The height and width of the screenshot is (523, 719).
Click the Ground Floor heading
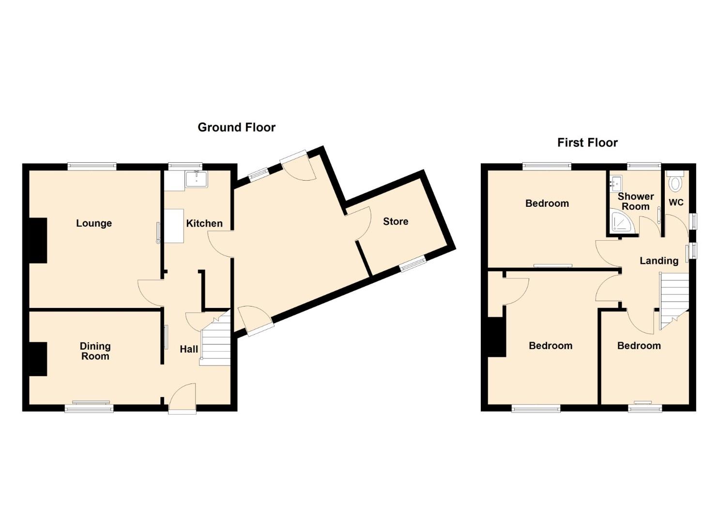237,127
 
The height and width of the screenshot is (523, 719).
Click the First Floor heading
587,142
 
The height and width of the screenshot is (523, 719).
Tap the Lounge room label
94,223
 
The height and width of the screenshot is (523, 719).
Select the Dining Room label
95,351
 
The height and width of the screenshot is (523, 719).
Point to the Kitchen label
204,223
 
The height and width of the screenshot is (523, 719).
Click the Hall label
189,349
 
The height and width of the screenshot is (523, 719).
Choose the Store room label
396,221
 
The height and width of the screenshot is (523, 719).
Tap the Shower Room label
636,201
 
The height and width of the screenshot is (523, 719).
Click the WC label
676,202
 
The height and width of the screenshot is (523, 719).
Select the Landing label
659,261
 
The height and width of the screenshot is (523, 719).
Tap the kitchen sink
196,179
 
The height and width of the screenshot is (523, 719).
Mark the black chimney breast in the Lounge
38,241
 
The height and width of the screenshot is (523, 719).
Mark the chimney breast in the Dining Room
38,359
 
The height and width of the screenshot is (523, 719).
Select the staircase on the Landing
674,301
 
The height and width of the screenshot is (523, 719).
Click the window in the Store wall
413,264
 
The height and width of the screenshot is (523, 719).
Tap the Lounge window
92,167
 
